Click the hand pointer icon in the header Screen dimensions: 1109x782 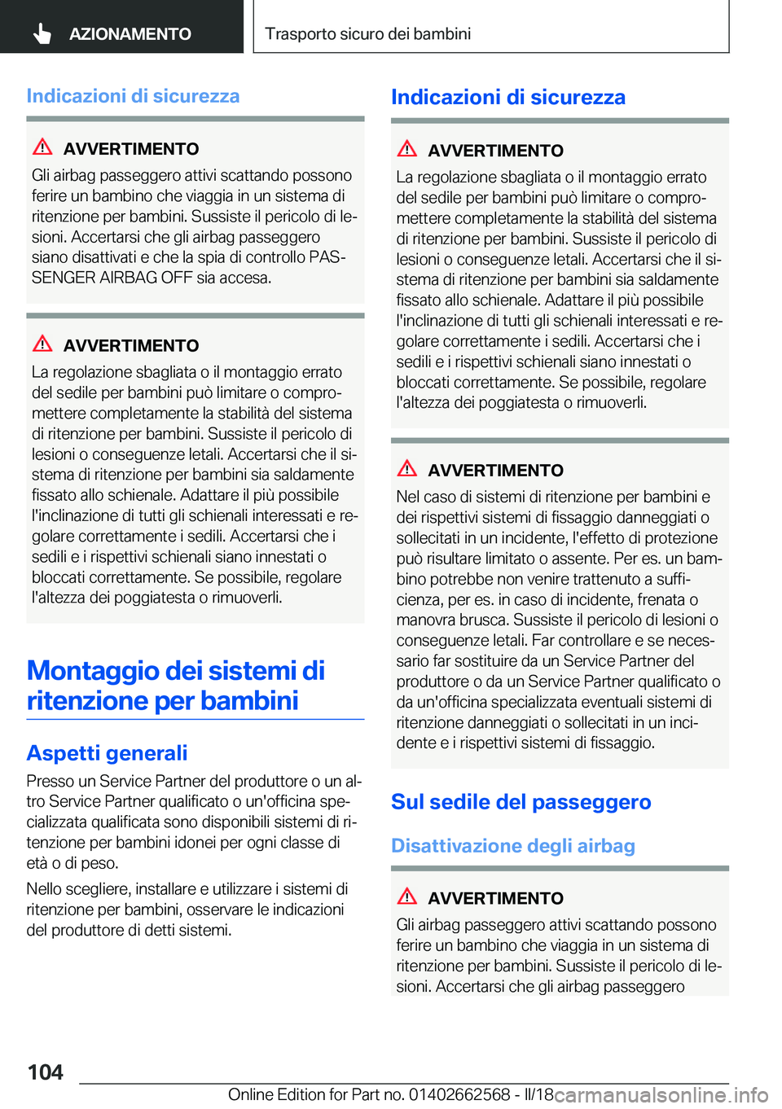42,33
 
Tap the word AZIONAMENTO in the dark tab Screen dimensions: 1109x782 130,34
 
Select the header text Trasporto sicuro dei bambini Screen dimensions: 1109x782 367,34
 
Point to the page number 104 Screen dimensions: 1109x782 46,1072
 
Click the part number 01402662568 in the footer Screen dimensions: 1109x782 459,1094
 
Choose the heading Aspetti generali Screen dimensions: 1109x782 107,752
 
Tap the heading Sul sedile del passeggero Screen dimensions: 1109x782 521,802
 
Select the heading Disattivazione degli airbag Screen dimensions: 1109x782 512,846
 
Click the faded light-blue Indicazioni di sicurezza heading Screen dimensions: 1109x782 133,96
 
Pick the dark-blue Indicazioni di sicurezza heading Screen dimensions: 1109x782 507,98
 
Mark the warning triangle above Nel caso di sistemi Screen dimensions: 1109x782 407,469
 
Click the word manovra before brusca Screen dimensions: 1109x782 424,620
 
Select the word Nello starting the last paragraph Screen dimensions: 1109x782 45,888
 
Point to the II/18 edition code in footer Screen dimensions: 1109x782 538,1094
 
